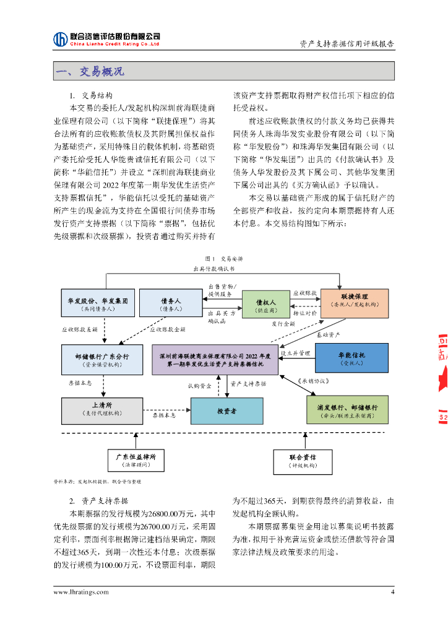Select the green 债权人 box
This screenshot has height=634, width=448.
(265, 304)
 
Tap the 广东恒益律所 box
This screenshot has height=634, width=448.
(140, 459)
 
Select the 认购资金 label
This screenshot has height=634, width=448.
(200, 384)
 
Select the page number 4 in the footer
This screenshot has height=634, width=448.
(392, 592)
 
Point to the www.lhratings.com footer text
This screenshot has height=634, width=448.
(80, 593)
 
